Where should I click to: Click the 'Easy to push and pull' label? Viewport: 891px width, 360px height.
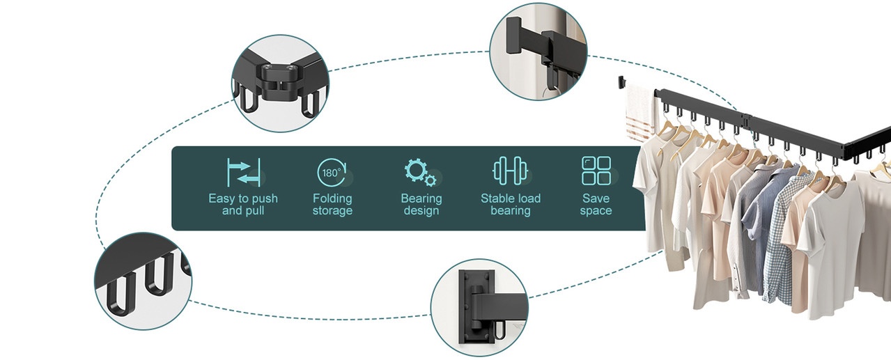pyautogui.click(x=242, y=204)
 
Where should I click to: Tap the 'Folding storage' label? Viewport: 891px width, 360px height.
pyautogui.click(x=332, y=204)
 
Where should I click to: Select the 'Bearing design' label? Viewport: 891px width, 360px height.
pyautogui.click(x=421, y=204)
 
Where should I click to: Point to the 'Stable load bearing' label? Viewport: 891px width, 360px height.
pyautogui.click(x=510, y=204)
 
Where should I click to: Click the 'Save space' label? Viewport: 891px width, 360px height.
pyautogui.click(x=596, y=204)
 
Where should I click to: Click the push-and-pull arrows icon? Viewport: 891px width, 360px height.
pyautogui.click(x=243, y=172)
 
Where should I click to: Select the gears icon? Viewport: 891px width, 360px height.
pyautogui.click(x=420, y=172)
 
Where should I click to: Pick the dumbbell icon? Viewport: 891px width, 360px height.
pyautogui.click(x=510, y=172)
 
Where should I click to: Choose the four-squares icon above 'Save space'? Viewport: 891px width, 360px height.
pyautogui.click(x=596, y=171)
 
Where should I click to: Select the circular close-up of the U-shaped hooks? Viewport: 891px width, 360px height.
pyautogui.click(x=143, y=281)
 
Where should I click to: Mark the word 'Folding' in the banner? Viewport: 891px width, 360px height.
pyautogui.click(x=332, y=198)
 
